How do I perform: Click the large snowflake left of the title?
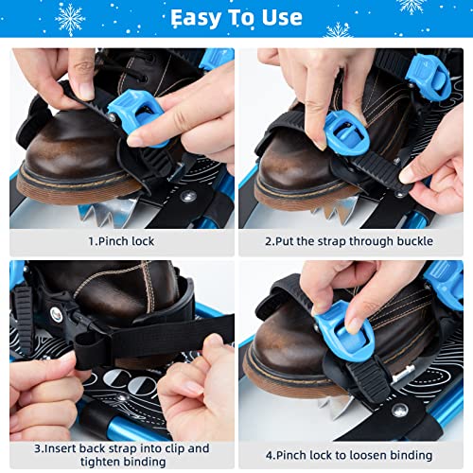pyautogui.click(x=70, y=20)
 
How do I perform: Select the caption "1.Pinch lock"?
pyautogui.click(x=121, y=241)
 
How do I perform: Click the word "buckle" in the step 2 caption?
pyautogui.click(x=414, y=241)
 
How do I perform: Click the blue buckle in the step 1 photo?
pyautogui.click(x=137, y=115)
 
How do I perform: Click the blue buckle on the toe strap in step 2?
pyautogui.click(x=345, y=134)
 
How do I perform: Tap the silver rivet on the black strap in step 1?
pyautogui.click(x=188, y=197)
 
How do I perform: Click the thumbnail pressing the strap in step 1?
pyautogui.click(x=86, y=91)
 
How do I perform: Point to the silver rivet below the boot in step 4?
pyautogui.click(x=400, y=411)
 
